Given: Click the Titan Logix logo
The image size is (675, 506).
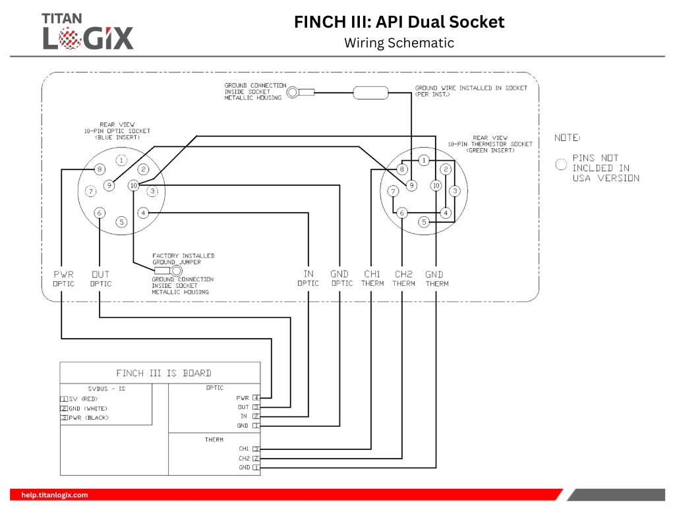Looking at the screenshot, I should pos(88,31).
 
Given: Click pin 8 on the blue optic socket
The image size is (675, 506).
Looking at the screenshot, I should pos(99,169).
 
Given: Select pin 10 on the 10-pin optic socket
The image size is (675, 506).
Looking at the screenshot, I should pos(134,186).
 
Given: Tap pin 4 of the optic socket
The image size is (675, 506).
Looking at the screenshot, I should pos(143,213).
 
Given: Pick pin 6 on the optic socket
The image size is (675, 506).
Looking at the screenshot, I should pos(99,213).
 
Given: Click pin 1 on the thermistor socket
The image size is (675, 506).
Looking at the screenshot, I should pos(424,160).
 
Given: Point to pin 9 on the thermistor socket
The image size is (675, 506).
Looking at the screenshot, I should pos(411,186).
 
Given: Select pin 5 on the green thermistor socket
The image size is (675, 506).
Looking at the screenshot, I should pos(424,222).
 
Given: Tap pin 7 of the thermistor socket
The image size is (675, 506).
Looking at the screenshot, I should pos(393,191).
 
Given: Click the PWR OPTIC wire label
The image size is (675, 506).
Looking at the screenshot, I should pos(64,279).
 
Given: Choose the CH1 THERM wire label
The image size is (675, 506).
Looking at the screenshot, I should pos(372,279).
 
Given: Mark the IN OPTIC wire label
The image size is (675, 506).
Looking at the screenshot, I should pos(308,279).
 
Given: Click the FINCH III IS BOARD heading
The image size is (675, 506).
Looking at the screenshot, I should pos(163,373).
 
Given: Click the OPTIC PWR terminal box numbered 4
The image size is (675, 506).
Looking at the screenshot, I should pos(256,398).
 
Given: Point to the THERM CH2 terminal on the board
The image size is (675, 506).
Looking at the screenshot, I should pos(256,458).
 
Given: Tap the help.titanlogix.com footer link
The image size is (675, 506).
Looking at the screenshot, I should pos(55,495).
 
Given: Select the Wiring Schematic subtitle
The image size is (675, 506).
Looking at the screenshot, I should pos(399,43).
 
